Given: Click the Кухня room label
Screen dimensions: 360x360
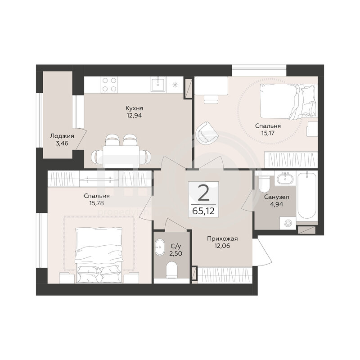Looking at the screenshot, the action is coord(134,108).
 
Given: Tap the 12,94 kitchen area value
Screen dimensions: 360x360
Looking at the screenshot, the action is coord(134,116).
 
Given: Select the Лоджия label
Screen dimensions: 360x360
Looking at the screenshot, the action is coord(62,136).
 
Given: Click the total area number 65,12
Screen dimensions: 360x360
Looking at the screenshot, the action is coord(203,211).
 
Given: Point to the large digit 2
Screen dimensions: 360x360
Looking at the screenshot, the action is coord(203,193).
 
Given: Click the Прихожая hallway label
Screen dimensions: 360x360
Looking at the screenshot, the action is coord(222,239).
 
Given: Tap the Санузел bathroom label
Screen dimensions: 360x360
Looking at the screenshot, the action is coord(276,197).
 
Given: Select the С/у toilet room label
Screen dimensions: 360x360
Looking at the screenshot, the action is coord(176,247).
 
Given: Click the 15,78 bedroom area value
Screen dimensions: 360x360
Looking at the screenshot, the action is coord(97,203).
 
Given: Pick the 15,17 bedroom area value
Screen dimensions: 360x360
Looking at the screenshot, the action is coord(268,133).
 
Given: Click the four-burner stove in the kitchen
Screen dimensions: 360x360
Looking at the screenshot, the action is coord(109,85).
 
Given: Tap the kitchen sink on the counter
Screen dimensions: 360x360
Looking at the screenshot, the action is coord(158,85).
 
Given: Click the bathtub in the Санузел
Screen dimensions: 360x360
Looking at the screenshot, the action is coord(307,196).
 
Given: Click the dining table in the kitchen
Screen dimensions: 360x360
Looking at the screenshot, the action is coord(121,157).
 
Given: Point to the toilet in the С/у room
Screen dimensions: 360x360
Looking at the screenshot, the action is coord(171,270).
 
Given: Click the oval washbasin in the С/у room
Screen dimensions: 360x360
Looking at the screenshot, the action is coord(159,247).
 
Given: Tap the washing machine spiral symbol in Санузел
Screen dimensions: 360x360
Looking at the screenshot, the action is coord(288,223).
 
